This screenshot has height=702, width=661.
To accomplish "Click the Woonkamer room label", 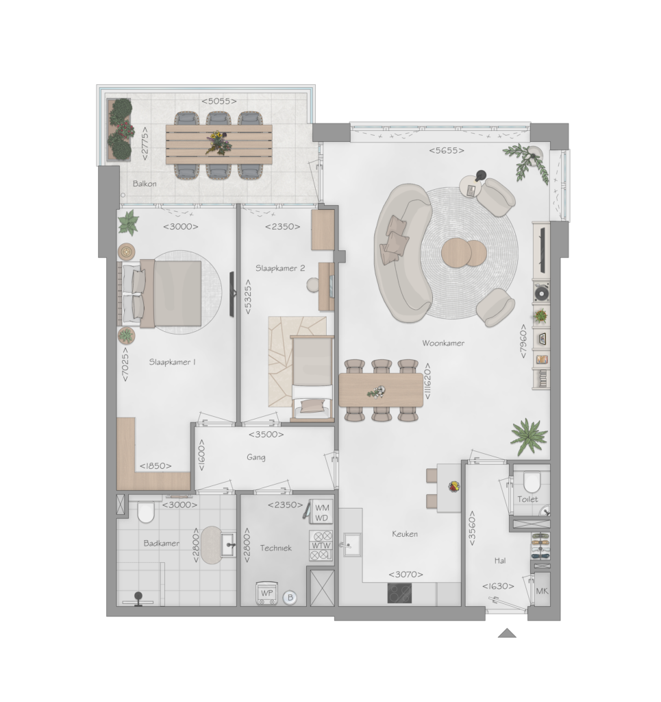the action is point(443,343).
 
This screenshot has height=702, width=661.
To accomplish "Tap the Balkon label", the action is point(145,184).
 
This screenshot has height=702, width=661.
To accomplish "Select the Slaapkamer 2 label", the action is point(280,268).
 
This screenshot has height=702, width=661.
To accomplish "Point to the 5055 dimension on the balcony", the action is point(219,101).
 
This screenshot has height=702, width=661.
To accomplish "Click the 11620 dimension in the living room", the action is point(427,381).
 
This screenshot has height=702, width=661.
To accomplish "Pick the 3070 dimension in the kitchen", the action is point(406,574).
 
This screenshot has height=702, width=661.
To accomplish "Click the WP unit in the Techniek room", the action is point(266,593).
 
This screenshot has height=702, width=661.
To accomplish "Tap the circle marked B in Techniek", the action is point(290,597).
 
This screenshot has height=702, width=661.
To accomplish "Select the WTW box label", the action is point(321,545).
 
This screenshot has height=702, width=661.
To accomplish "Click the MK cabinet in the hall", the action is point(542,590).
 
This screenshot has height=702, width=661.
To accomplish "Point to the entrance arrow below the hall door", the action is point(507,633).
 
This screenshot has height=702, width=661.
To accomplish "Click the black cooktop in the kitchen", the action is point(399,593).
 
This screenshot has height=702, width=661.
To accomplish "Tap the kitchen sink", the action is point(351,544).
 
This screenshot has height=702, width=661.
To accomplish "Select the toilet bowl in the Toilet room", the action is point(532,482).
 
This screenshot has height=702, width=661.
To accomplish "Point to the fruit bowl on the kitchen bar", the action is point(453,486).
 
